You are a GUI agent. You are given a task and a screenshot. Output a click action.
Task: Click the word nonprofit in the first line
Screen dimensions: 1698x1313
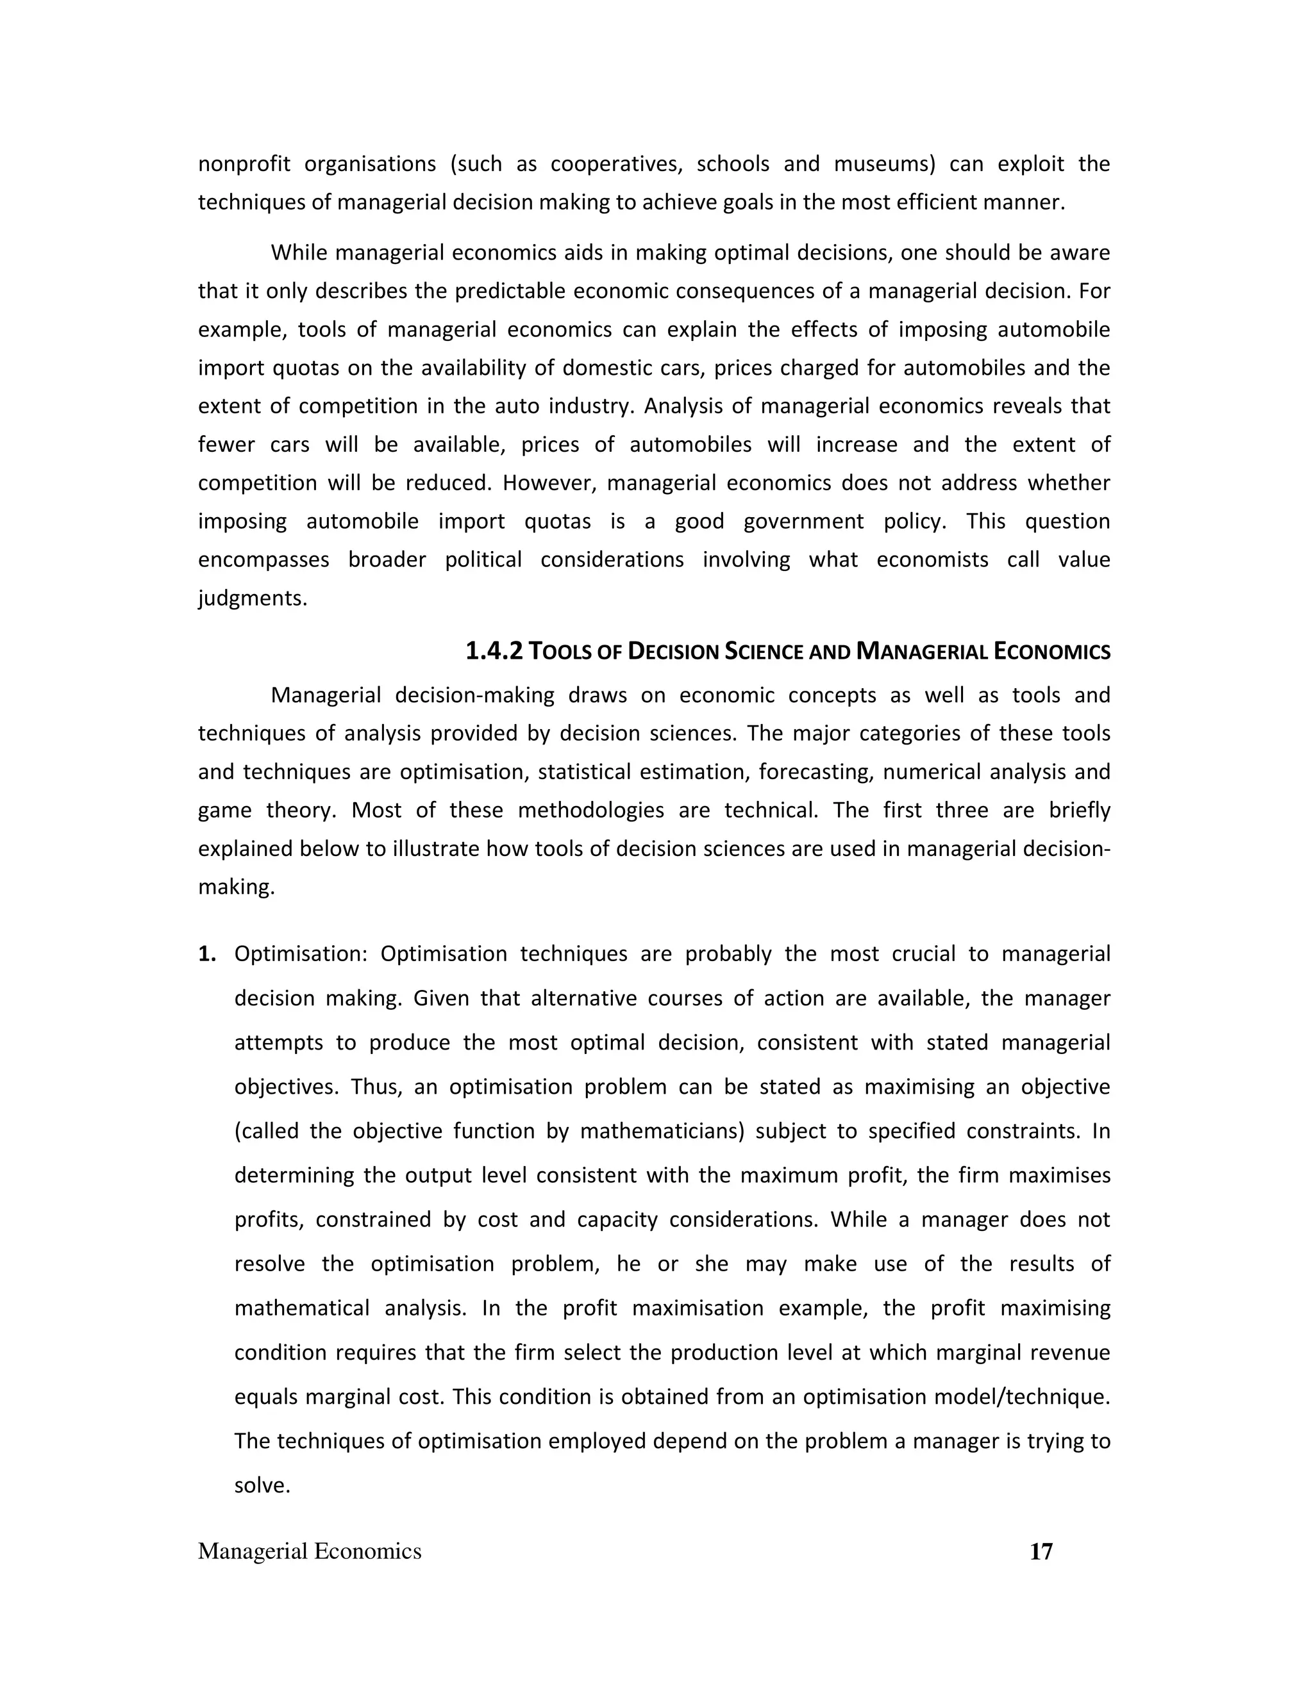pyautogui.click(x=244, y=164)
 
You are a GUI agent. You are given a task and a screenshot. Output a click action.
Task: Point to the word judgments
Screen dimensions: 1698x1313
pyautogui.click(x=252, y=598)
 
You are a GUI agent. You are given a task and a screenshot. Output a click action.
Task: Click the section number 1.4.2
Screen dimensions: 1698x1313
pyautogui.click(x=494, y=651)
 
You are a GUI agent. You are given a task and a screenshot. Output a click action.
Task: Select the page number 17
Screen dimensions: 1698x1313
pyautogui.click(x=1041, y=1551)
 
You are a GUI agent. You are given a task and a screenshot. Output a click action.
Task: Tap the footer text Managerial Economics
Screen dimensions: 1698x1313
pyautogui.click(x=310, y=1551)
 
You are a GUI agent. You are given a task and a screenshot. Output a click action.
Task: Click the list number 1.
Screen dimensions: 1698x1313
pyautogui.click(x=206, y=953)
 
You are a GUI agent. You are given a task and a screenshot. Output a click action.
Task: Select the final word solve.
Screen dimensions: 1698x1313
pyautogui.click(x=262, y=1485)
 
